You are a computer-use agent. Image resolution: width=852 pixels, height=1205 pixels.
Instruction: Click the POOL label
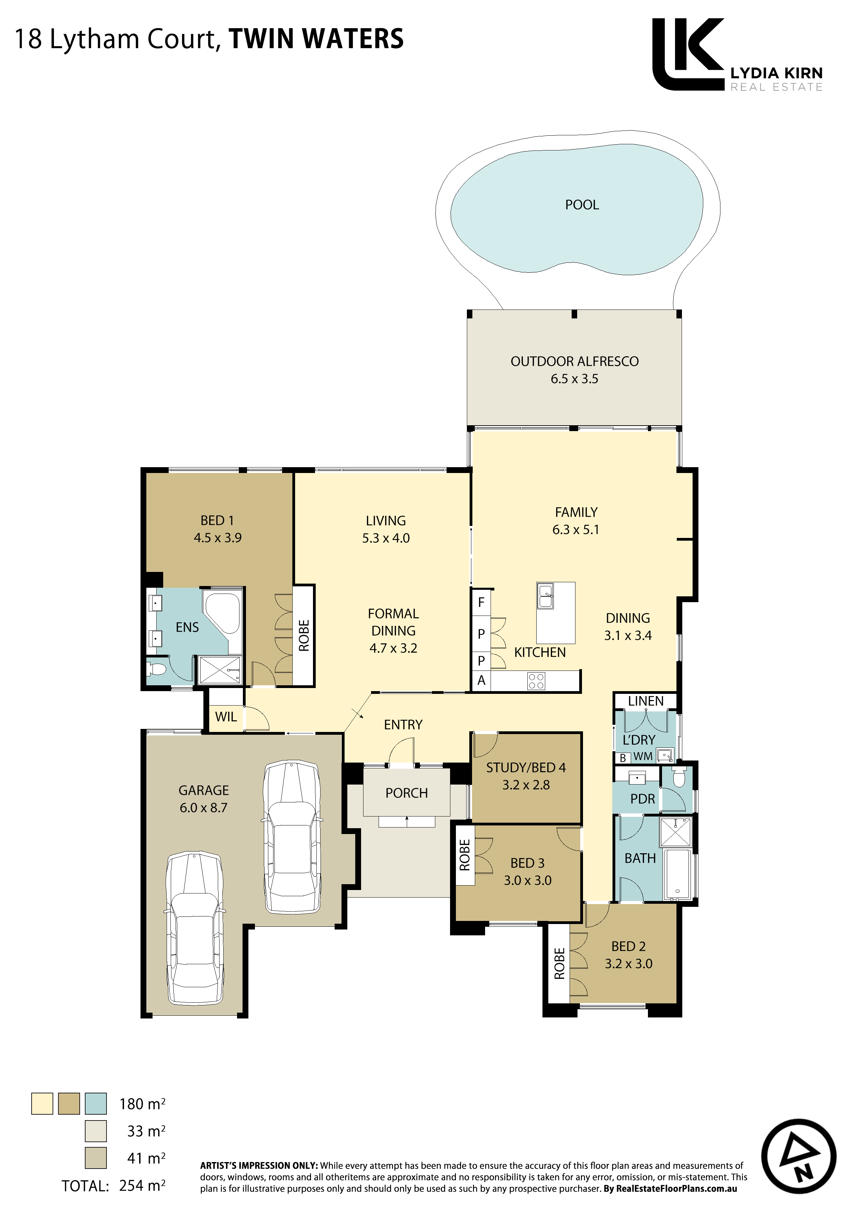coord(582,205)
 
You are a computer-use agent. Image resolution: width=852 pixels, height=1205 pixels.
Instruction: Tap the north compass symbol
coord(798,1157)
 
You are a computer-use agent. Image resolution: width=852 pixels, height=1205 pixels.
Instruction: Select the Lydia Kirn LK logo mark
coord(688,54)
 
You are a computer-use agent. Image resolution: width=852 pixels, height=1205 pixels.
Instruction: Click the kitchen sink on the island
coord(546,596)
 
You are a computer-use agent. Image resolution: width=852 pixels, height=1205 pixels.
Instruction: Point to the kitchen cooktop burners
coord(536,681)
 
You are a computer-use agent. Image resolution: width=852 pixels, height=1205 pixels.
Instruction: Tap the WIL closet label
coord(226,717)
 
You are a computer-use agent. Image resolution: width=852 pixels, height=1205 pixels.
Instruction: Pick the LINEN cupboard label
coord(646,701)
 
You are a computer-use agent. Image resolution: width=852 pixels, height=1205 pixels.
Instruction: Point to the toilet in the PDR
coord(679,778)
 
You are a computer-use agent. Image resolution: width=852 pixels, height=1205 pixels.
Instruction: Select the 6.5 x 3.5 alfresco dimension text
coord(574,379)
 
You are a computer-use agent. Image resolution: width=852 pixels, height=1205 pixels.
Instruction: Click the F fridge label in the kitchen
coord(481,602)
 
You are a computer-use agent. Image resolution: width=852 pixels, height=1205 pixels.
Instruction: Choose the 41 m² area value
coord(146,1158)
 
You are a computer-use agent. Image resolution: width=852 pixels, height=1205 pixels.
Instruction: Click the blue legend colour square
coord(96,1104)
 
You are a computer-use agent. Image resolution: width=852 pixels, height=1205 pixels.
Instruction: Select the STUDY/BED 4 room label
coord(526,767)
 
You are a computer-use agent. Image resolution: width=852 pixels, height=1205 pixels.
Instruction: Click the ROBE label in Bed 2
coord(560,963)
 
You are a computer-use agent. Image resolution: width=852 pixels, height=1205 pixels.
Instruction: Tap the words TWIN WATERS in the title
coord(316,39)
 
